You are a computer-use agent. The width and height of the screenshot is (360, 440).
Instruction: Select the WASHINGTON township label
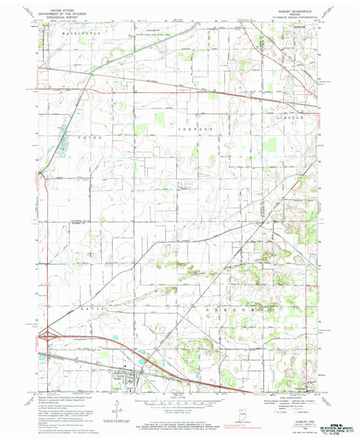point(81,32)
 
